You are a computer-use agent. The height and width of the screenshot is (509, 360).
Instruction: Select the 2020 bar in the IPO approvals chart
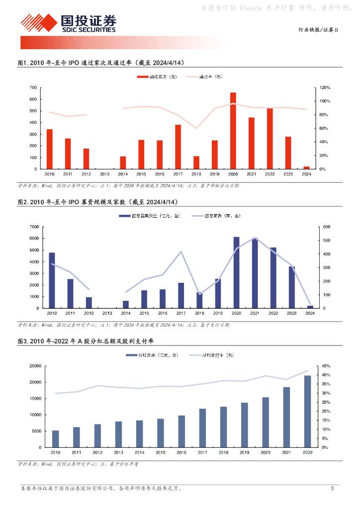point(233,131)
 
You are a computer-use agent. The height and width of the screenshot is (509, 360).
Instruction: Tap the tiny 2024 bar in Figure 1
point(306,168)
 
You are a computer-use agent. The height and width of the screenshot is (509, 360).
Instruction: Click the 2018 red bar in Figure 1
point(196,163)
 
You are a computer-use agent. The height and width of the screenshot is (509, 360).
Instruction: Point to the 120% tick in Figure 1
point(324,87)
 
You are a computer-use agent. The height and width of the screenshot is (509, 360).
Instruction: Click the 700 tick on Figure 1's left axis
point(33,87)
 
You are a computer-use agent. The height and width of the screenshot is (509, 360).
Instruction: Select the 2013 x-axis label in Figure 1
point(104,174)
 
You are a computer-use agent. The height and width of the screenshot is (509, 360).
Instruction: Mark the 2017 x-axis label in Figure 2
point(181,313)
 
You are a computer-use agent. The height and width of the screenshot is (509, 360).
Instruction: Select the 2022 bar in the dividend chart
point(307,411)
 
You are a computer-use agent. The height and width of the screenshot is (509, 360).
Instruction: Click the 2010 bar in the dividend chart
point(55,439)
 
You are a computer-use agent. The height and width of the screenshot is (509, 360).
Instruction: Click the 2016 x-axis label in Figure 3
point(181,452)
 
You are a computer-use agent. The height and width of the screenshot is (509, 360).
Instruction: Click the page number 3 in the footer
point(332,489)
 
